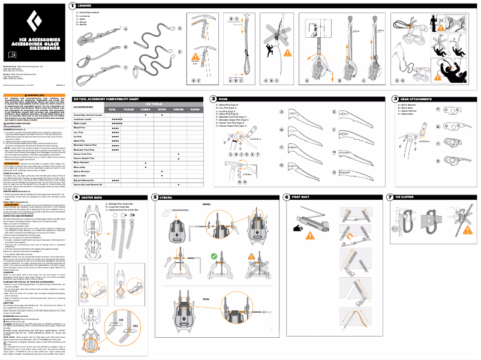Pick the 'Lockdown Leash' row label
(x=84, y=119)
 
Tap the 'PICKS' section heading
(x=223, y=98)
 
